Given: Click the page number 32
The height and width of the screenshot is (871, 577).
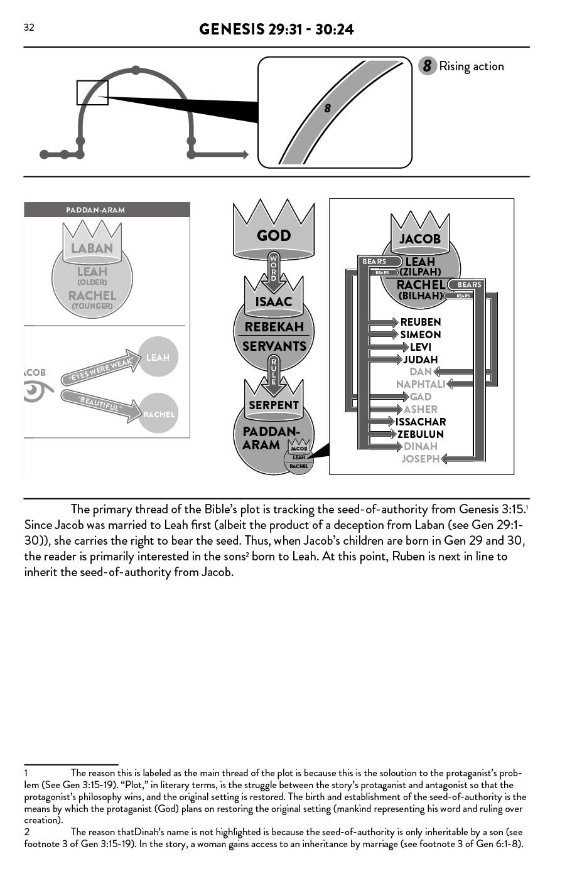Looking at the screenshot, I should [x=29, y=27].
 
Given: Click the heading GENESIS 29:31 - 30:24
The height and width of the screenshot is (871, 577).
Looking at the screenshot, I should [x=276, y=29].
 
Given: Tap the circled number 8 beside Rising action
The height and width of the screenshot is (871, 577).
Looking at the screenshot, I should [x=427, y=66].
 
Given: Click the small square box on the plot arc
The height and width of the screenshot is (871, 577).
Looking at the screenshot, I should [x=92, y=93].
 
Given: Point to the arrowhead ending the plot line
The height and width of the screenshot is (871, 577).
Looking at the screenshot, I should [x=244, y=154].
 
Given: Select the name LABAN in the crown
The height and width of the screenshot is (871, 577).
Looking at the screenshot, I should [x=92, y=248].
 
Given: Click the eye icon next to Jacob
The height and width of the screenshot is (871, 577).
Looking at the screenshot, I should [x=38, y=392].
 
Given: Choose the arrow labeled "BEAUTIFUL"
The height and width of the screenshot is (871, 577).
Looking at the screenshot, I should [x=100, y=405].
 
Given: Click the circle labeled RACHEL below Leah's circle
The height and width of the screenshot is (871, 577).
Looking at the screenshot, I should [x=158, y=414].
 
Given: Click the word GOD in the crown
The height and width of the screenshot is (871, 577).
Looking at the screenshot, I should [x=274, y=235].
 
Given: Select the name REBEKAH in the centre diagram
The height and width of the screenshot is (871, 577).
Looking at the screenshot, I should [x=274, y=327].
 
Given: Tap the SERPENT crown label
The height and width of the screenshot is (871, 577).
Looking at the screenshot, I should [x=274, y=405].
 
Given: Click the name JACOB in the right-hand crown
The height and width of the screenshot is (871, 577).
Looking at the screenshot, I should [x=420, y=238].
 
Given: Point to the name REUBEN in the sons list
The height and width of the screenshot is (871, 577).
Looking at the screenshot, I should [x=421, y=322].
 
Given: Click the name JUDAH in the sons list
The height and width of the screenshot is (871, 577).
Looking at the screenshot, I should [x=421, y=360].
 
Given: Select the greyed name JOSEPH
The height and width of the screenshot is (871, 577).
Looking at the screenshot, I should [x=421, y=459].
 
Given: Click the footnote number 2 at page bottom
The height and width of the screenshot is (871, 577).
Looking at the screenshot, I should [x=27, y=832].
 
